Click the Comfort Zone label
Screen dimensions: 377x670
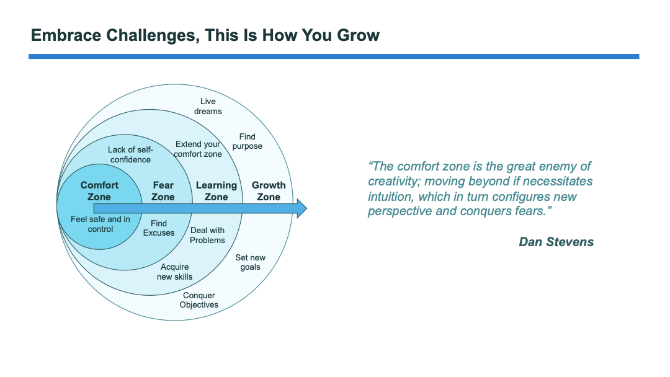tap(99, 191)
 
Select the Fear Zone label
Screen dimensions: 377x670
tap(163, 191)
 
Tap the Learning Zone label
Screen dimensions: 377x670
tap(216, 191)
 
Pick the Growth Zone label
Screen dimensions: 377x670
tap(269, 191)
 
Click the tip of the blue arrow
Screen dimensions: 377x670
tap(305, 208)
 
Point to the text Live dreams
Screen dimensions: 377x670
tap(208, 106)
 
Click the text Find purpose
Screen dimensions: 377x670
tap(248, 141)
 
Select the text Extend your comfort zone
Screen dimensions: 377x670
tap(198, 149)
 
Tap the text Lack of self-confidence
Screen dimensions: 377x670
tap(130, 154)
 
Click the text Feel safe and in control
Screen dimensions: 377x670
tap(100, 224)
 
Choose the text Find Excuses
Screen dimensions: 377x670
tap(159, 228)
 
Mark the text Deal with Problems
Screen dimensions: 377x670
tap(207, 235)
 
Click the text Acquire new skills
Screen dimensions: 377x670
tap(174, 272)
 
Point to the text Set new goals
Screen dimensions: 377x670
tap(250, 262)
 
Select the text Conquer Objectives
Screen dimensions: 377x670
tap(199, 300)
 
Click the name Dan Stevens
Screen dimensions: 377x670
tap(556, 242)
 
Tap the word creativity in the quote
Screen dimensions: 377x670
tap(395, 182)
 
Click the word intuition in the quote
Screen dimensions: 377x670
tap(390, 197)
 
